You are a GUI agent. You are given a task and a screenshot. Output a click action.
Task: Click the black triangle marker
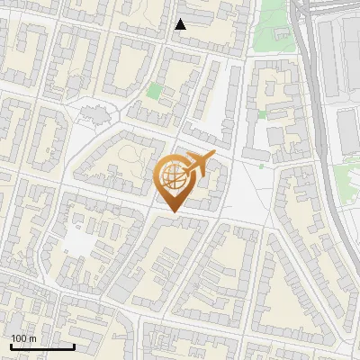[x=180, y=24]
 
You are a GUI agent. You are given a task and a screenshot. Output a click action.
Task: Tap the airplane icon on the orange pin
[x=197, y=163]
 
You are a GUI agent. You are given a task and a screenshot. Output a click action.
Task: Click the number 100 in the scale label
[x=21, y=338]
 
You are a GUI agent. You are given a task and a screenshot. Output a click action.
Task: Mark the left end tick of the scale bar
[x=11, y=346]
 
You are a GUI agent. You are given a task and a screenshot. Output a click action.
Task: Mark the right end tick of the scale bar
[x=74, y=346]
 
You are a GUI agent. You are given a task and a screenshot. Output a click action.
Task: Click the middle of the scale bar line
[x=42, y=347]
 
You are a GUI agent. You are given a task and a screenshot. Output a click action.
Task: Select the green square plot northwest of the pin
[x=154, y=91]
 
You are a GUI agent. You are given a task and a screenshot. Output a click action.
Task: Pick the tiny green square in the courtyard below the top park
[x=262, y=114]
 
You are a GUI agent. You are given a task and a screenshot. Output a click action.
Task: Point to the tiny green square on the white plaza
[x=262, y=165]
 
